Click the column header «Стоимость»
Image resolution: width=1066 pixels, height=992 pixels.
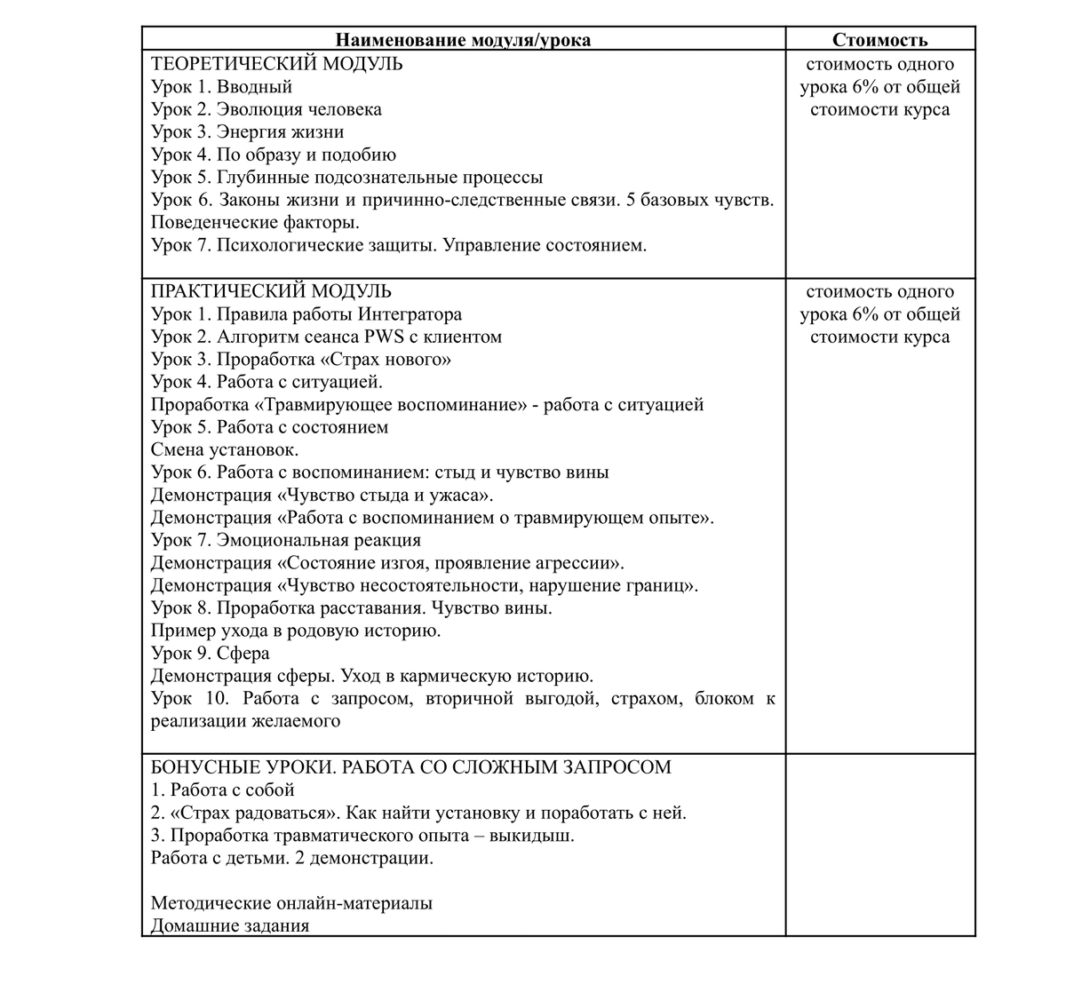tap(879, 40)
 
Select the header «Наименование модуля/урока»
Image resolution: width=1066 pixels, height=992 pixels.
tap(463, 40)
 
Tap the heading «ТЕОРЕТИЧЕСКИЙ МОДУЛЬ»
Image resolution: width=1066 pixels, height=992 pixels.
tap(276, 64)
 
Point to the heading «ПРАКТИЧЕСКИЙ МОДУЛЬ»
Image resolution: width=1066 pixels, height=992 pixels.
tap(271, 291)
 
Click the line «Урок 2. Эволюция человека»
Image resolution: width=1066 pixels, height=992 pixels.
tap(266, 109)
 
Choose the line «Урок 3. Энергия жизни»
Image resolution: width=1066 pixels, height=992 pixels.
tap(247, 132)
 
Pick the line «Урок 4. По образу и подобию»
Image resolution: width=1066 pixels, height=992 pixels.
tap(274, 155)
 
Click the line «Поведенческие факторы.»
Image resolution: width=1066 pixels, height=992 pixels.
tap(255, 223)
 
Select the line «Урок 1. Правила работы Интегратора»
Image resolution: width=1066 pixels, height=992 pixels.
tap(306, 314)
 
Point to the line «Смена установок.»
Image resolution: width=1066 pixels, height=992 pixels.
tap(225, 450)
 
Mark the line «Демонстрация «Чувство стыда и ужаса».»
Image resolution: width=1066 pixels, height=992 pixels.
tap(322, 496)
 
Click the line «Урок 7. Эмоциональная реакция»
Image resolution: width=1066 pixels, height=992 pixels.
tap(286, 540)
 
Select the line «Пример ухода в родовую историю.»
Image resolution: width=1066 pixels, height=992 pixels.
tap(296, 631)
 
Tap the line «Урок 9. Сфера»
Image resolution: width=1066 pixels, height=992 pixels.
tap(211, 654)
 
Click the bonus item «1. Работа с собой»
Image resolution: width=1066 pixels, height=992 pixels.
tap(223, 790)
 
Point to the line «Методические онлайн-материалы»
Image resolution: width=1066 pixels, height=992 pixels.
tap(292, 903)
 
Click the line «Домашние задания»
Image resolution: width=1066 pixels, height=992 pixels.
tap(230, 925)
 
